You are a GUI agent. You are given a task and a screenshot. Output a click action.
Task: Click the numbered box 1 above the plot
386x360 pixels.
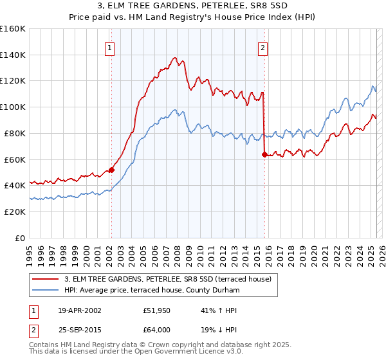(111, 48)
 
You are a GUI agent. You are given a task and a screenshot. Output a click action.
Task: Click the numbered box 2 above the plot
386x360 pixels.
(264, 48)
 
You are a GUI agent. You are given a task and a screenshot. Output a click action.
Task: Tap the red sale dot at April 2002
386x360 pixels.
(111, 170)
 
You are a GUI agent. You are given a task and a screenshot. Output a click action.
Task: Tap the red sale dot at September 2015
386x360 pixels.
(264, 154)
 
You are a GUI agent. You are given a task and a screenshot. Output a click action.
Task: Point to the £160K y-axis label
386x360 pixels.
(14, 29)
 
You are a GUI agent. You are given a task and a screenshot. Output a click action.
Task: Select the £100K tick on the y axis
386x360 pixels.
(14, 107)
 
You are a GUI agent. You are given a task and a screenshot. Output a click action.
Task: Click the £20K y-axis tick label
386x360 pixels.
(16, 212)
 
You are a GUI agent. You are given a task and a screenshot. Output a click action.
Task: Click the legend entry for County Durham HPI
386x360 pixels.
(151, 291)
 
